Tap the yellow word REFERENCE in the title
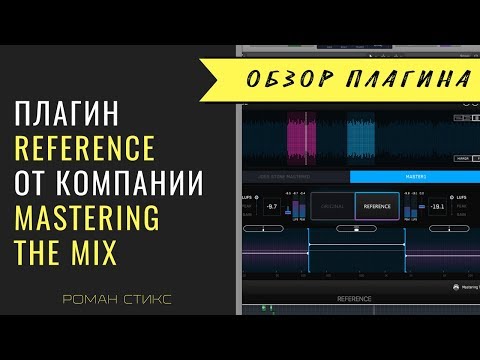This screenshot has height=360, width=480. pyautogui.click(x=86, y=150)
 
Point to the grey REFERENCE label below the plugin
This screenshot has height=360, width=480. pyautogui.click(x=355, y=298)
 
